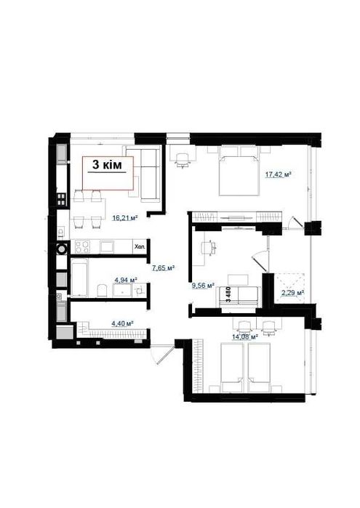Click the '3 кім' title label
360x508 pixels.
[108, 165]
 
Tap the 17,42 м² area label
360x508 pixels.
[278, 174]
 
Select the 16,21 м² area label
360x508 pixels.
[125, 218]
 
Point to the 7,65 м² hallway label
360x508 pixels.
[164, 267]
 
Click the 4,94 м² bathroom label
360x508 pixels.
[126, 279]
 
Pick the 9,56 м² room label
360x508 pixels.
[204, 286]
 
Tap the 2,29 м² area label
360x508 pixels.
[292, 293]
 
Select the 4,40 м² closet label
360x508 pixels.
[123, 323]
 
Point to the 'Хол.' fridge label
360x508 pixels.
[140, 246]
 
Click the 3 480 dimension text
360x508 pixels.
[228, 294]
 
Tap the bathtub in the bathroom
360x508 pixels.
[79, 280]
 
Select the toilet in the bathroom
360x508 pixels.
[103, 290]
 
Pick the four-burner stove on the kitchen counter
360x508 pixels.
[81, 247]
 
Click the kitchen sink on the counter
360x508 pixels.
[106, 247]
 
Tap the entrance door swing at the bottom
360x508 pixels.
[162, 354]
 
